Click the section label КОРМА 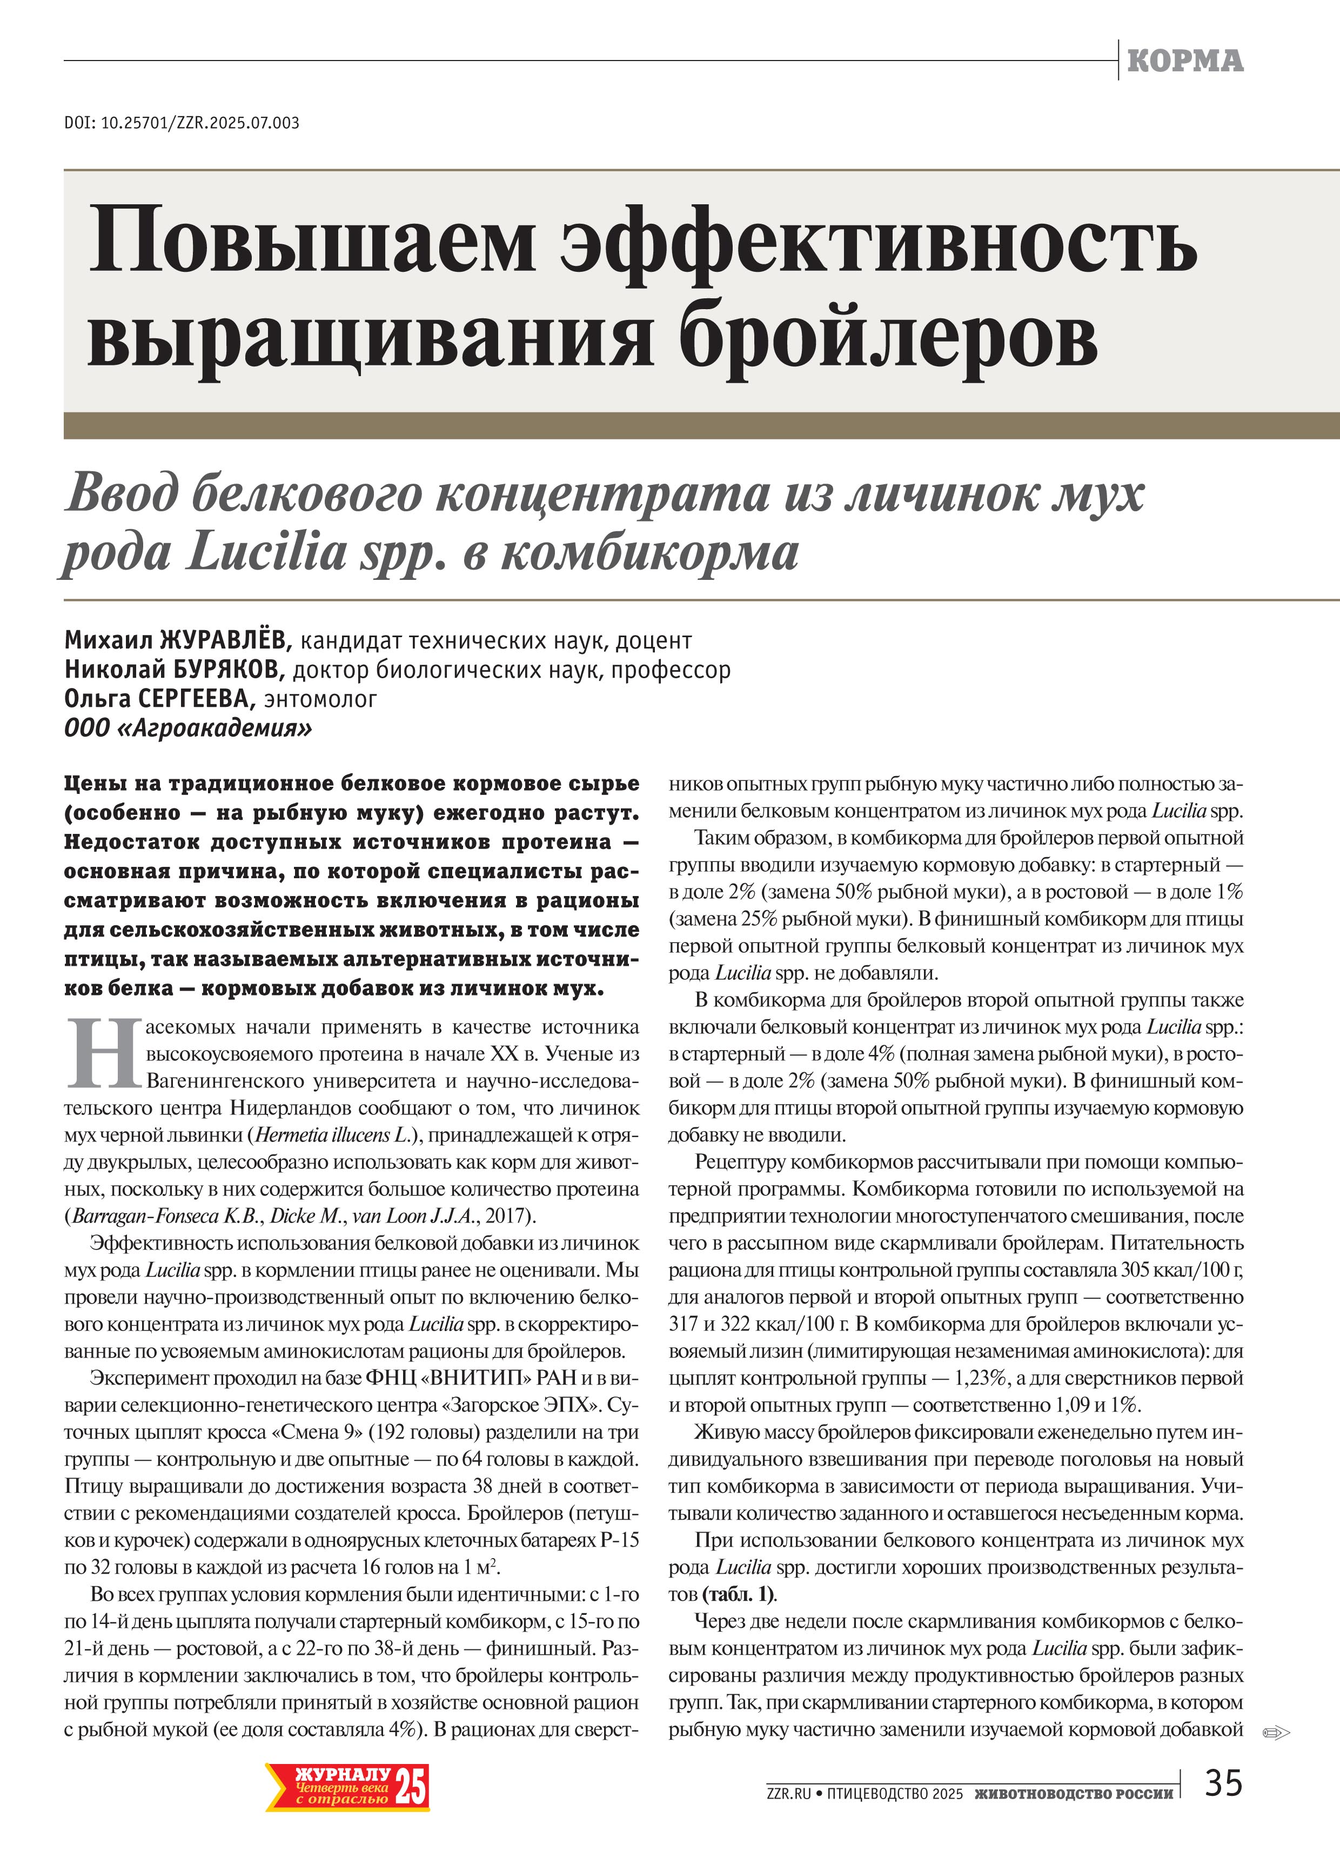point(1185,61)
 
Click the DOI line point(181,123)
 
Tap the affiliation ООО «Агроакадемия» point(187,728)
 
